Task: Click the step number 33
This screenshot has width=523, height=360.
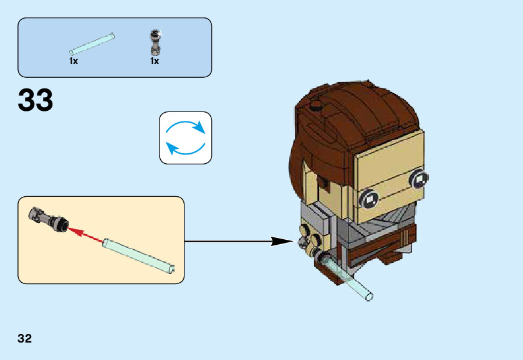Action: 36,100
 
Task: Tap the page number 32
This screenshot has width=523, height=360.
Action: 25,338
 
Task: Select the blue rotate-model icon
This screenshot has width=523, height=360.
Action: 186,138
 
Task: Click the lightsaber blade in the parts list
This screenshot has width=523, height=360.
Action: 92,44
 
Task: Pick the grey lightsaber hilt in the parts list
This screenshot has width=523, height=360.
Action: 155,42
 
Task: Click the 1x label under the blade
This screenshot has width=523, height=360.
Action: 74,61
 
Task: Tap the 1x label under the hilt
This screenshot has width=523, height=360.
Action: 155,61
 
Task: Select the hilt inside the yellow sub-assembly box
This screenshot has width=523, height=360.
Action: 49,219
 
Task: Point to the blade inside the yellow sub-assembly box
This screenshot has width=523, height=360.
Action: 139,255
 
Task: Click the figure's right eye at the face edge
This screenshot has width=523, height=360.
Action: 419,179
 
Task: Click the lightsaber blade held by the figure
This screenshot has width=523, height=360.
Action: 348,277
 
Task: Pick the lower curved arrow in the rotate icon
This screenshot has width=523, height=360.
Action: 186,148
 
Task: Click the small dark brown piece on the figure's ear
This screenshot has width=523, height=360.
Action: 322,182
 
